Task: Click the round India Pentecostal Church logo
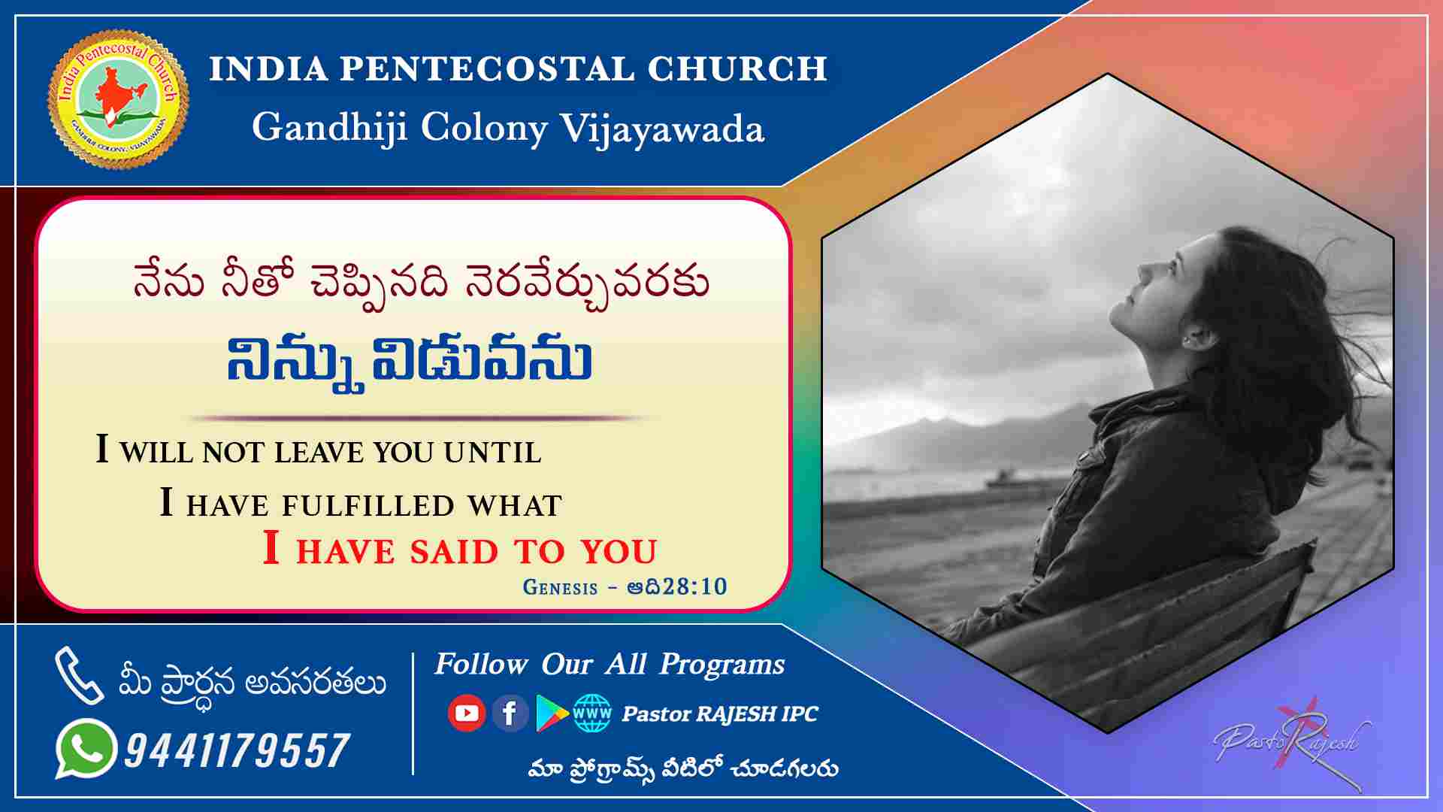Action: [118, 99]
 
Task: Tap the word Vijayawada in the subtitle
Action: [662, 129]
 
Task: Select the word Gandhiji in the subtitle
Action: [330, 126]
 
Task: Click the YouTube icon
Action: [466, 712]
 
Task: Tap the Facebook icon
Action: [510, 712]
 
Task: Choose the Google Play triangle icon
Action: [552, 713]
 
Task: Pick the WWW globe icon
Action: [592, 713]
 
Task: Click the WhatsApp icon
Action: [86, 749]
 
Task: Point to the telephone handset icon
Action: [78, 675]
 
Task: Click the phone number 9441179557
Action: [237, 750]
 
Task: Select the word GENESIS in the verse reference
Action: [560, 587]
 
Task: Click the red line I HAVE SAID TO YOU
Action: [460, 549]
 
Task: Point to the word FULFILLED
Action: [368, 505]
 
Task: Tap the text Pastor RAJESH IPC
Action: [719, 714]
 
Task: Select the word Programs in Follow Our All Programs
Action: [722, 665]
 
